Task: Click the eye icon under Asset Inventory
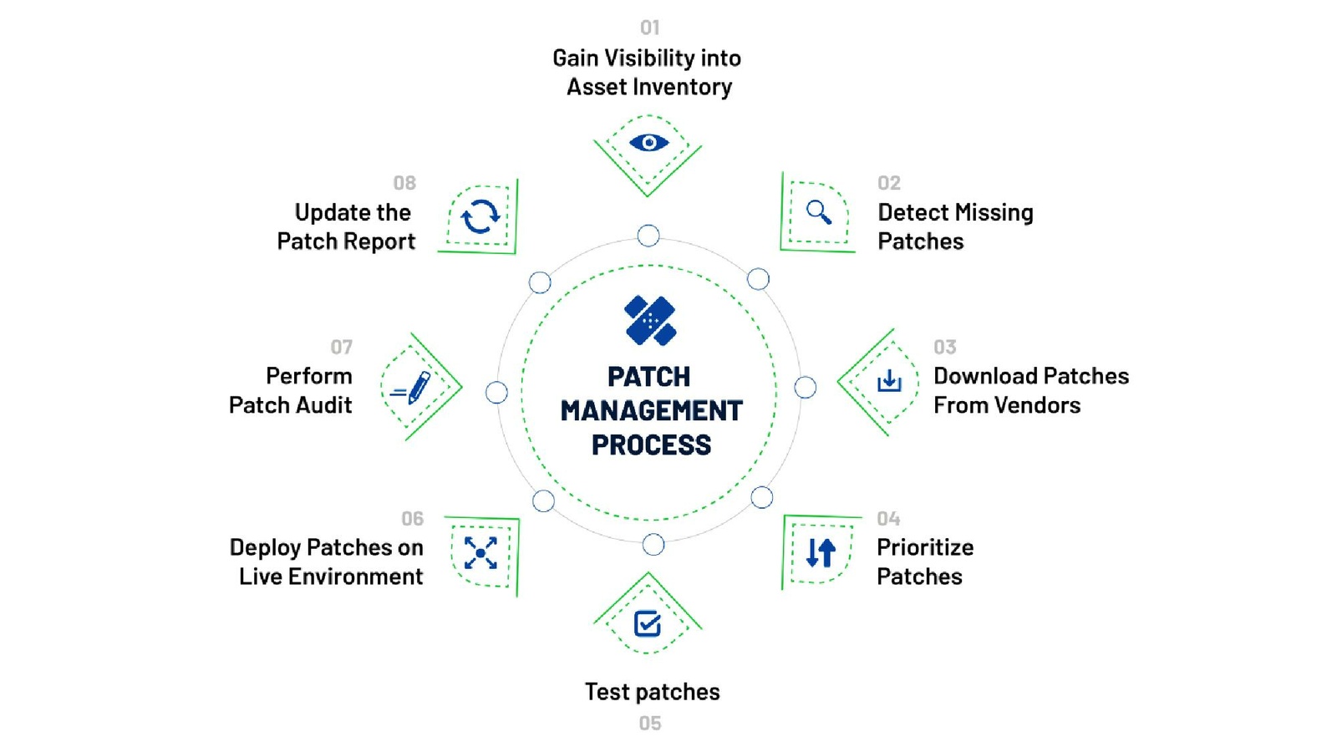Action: [x=648, y=143]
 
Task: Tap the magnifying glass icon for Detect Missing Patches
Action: [x=819, y=212]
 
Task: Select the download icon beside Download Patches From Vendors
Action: [x=889, y=381]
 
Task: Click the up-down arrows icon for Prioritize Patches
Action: [x=821, y=552]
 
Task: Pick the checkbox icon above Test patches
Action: [x=648, y=623]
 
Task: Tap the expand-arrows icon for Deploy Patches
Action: [x=480, y=553]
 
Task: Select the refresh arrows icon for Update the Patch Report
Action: [x=480, y=216]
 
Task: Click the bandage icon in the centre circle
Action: [x=650, y=320]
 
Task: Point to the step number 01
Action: [x=650, y=28]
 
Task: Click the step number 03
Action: [x=945, y=347]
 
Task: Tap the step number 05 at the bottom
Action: [x=650, y=724]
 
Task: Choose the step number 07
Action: [x=341, y=347]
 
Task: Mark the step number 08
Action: [x=404, y=183]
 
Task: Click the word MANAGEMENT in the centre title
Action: [x=651, y=411]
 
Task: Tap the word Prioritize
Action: [x=925, y=547]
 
